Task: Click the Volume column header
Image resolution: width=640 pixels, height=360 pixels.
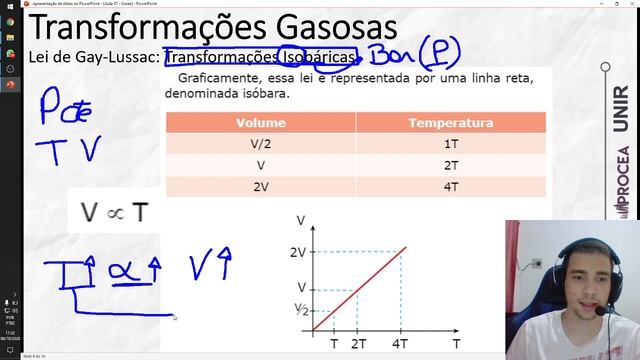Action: coord(261,123)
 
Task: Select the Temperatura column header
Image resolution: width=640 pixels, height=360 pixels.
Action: coord(451,123)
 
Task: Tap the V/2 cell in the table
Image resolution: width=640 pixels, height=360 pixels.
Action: coord(261,143)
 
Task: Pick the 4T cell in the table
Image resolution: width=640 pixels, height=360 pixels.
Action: coord(451,186)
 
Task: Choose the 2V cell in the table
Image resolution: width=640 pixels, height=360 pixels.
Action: coord(261,186)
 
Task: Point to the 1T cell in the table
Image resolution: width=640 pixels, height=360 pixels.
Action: coord(451,143)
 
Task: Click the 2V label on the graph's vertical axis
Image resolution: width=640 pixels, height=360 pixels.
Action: coord(297,252)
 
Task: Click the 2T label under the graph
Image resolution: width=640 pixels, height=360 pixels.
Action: coord(359,343)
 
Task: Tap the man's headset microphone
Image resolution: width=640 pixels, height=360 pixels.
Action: coord(600,312)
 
